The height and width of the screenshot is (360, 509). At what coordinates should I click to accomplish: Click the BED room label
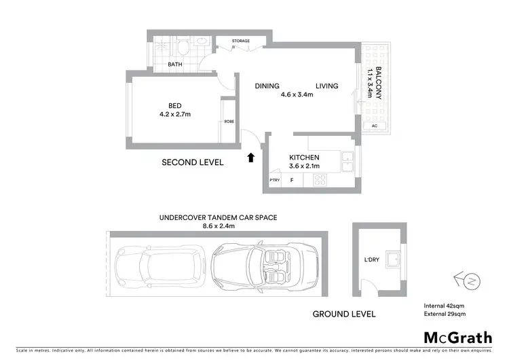[175, 105]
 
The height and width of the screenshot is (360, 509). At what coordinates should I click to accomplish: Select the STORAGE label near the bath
[241, 41]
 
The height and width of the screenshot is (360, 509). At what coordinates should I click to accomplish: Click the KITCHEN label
[303, 158]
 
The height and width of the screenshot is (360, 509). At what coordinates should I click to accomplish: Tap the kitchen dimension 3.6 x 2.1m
[303, 166]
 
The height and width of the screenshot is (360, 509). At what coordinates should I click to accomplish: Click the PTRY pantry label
[275, 180]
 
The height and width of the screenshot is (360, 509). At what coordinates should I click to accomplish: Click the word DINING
[268, 86]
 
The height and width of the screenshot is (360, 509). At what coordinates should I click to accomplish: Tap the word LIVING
[326, 86]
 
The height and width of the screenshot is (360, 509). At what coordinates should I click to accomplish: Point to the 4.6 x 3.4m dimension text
[297, 95]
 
